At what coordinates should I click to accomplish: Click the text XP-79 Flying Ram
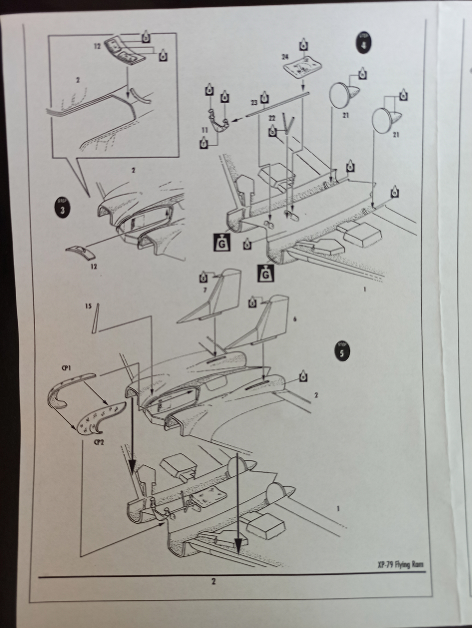point(400,564)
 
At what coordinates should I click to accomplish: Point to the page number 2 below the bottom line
point(213,580)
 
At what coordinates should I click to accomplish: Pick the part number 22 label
point(272,118)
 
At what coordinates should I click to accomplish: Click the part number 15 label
point(87,304)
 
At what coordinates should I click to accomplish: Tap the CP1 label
point(66,368)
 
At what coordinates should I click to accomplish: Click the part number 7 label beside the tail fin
point(205,289)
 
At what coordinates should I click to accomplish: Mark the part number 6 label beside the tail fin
point(295,318)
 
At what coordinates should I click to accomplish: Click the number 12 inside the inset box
point(97,47)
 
